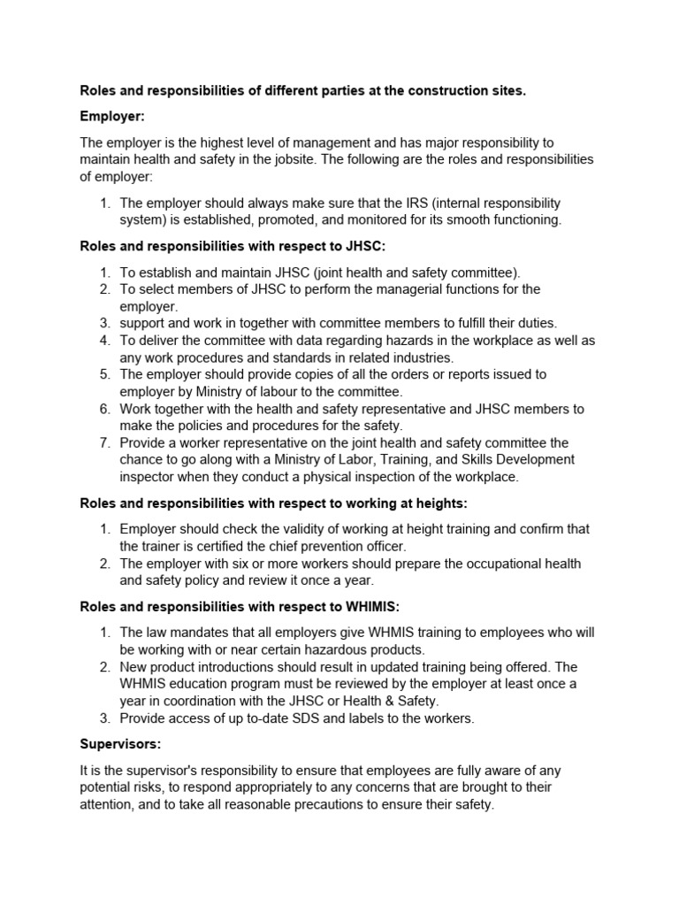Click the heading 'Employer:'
(x=113, y=116)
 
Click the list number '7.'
(x=104, y=442)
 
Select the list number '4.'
(x=104, y=341)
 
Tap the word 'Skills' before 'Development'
(x=477, y=460)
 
